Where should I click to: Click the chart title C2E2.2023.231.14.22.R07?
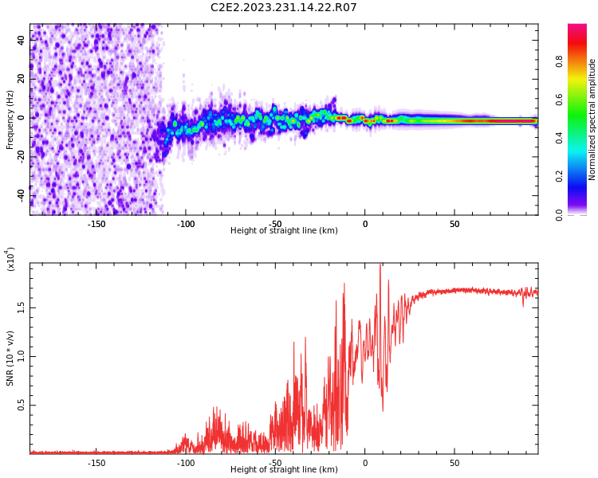(283, 7)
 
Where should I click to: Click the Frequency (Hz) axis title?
(10, 119)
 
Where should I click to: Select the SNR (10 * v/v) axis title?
(10, 358)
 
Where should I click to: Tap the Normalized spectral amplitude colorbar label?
(592, 119)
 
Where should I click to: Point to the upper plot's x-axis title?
(284, 230)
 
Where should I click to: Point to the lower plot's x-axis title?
(284, 469)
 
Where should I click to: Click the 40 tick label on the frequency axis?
(21, 40)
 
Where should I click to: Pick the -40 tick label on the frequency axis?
(21, 196)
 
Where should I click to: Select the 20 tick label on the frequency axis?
(21, 79)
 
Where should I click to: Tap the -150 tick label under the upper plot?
(96, 224)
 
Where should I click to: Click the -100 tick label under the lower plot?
(186, 463)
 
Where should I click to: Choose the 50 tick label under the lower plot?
(454, 463)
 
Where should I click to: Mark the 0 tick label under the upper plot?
(365, 224)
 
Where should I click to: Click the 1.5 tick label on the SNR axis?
(21, 308)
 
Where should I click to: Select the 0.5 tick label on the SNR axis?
(21, 406)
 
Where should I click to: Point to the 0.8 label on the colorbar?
(559, 61)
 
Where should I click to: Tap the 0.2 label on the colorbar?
(559, 177)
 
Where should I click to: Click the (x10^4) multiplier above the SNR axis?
(10, 259)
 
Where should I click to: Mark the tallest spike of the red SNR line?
(380, 264)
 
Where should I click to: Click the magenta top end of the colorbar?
(577, 26)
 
